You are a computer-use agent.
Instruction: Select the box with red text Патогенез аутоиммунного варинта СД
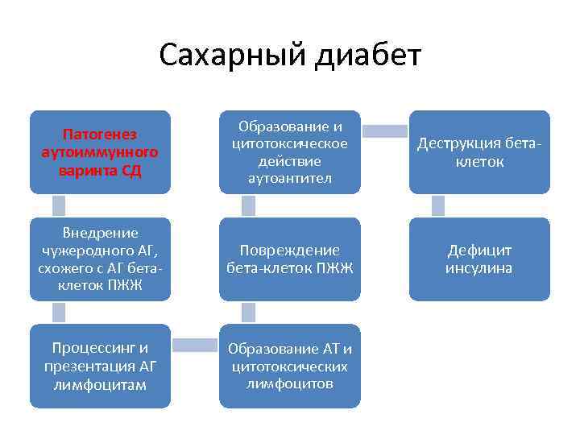(x=100, y=151)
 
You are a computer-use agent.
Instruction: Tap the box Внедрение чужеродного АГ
(x=100, y=259)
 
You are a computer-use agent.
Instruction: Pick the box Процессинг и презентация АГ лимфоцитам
(x=100, y=366)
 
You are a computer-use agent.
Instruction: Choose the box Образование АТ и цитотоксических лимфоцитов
(x=290, y=366)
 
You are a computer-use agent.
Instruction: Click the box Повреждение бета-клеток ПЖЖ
(x=290, y=259)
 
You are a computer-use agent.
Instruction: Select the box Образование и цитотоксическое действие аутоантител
(x=290, y=151)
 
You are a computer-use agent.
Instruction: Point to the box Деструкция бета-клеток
(x=479, y=151)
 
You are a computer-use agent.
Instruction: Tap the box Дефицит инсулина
(x=479, y=259)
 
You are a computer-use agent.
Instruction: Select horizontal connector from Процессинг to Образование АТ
(x=195, y=346)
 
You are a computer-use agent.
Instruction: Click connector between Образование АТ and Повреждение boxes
(x=248, y=313)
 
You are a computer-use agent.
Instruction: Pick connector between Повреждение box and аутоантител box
(x=248, y=205)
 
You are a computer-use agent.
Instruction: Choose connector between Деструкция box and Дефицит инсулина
(x=438, y=205)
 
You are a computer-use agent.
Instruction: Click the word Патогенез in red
(x=100, y=134)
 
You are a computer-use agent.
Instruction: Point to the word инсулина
(x=479, y=268)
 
